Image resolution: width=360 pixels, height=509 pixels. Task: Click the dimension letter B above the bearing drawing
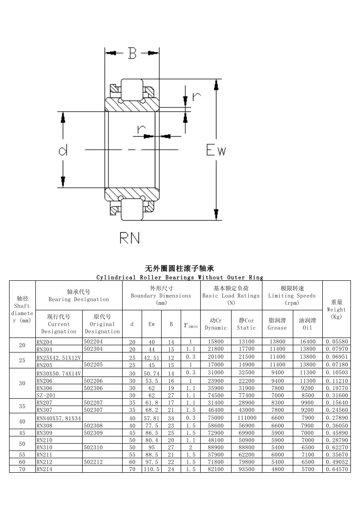pyautogui.click(x=132, y=53)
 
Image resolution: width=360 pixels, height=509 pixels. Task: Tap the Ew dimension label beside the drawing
pyautogui.click(x=216, y=150)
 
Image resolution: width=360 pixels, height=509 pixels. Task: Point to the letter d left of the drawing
pyautogui.click(x=63, y=150)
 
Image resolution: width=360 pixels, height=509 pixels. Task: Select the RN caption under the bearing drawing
pyautogui.click(x=130, y=238)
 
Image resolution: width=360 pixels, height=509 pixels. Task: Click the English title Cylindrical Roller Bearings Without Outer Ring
pyautogui.click(x=180, y=278)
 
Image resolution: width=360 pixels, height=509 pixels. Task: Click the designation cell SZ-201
pyautogui.click(x=46, y=396)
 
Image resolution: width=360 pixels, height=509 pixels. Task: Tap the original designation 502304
pyautogui.click(x=93, y=349)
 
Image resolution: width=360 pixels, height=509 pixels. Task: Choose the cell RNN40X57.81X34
pyautogui.click(x=59, y=418)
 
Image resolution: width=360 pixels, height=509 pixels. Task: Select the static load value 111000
pyautogui.click(x=247, y=418)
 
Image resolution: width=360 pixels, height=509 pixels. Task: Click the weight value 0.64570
pyautogui.click(x=336, y=469)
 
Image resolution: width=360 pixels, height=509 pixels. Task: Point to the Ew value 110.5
pyautogui.click(x=152, y=470)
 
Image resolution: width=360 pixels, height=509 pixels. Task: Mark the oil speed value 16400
pyautogui.click(x=307, y=342)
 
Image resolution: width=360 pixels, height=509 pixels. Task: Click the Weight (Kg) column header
pyautogui.click(x=336, y=309)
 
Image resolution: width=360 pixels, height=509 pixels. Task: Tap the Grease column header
pyautogui.click(x=277, y=324)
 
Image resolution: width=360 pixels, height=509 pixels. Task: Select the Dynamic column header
pyautogui.click(x=216, y=324)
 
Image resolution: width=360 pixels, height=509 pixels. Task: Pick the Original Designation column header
pyautogui.click(x=102, y=324)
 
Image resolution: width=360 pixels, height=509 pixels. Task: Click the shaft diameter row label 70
pyautogui.click(x=22, y=469)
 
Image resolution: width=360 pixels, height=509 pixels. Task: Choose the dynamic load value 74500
pyautogui.click(x=216, y=396)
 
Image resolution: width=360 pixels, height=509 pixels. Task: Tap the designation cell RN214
pyautogui.click(x=44, y=469)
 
